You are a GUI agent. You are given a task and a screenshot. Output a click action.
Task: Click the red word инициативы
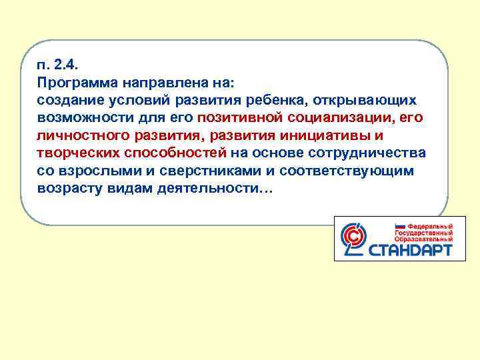[x=313, y=136]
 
